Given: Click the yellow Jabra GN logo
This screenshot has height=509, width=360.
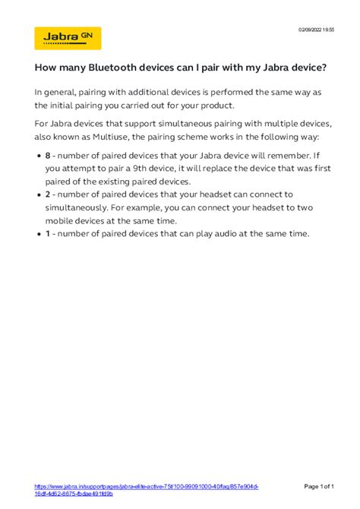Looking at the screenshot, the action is (x=68, y=38).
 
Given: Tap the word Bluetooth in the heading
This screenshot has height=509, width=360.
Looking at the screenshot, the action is (x=118, y=68).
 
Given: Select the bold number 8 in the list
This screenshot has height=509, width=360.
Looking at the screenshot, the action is (x=48, y=156).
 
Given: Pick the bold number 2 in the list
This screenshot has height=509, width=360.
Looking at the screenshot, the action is (x=48, y=194).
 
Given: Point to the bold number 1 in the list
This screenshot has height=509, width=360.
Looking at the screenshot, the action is (x=47, y=233).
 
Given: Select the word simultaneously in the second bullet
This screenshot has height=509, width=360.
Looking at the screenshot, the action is (x=81, y=207).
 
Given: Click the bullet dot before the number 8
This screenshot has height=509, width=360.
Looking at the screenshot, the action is (x=38, y=156).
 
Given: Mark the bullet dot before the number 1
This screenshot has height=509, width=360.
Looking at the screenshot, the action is (x=38, y=233).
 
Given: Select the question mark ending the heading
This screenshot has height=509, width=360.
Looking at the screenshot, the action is (x=325, y=68).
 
